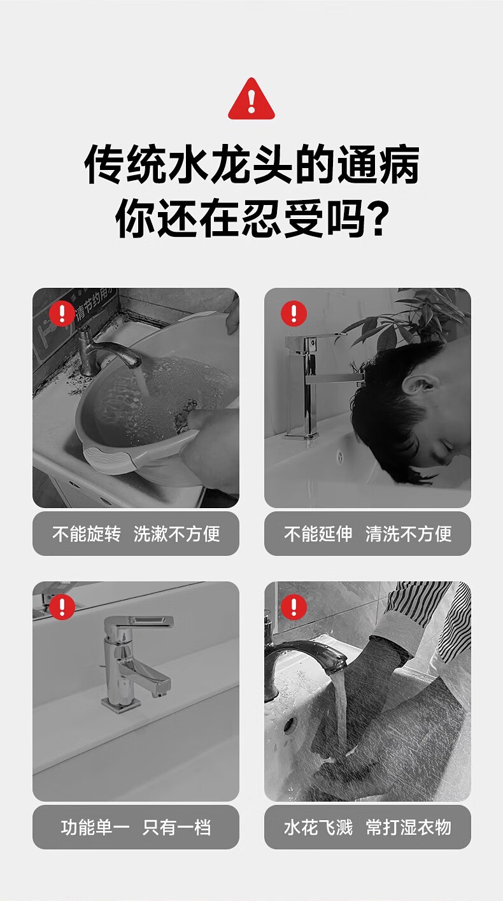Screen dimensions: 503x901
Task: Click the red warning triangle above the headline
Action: [x=251, y=99]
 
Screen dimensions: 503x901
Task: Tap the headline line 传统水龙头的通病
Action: [x=251, y=164]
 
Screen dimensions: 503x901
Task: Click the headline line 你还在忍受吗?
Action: [x=251, y=218]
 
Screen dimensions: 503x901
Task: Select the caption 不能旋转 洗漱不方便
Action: [x=136, y=534]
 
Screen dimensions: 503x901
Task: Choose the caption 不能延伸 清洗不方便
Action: [x=367, y=534]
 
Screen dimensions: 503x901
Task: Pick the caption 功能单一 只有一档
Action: [x=136, y=827]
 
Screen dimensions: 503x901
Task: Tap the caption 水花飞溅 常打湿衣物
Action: [x=367, y=827]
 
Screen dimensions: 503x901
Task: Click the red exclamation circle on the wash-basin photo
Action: [x=62, y=313]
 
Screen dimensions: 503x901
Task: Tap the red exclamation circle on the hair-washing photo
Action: [x=294, y=313]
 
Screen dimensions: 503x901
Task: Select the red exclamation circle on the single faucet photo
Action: [x=62, y=607]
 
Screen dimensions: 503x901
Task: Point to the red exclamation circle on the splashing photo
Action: [x=294, y=607]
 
